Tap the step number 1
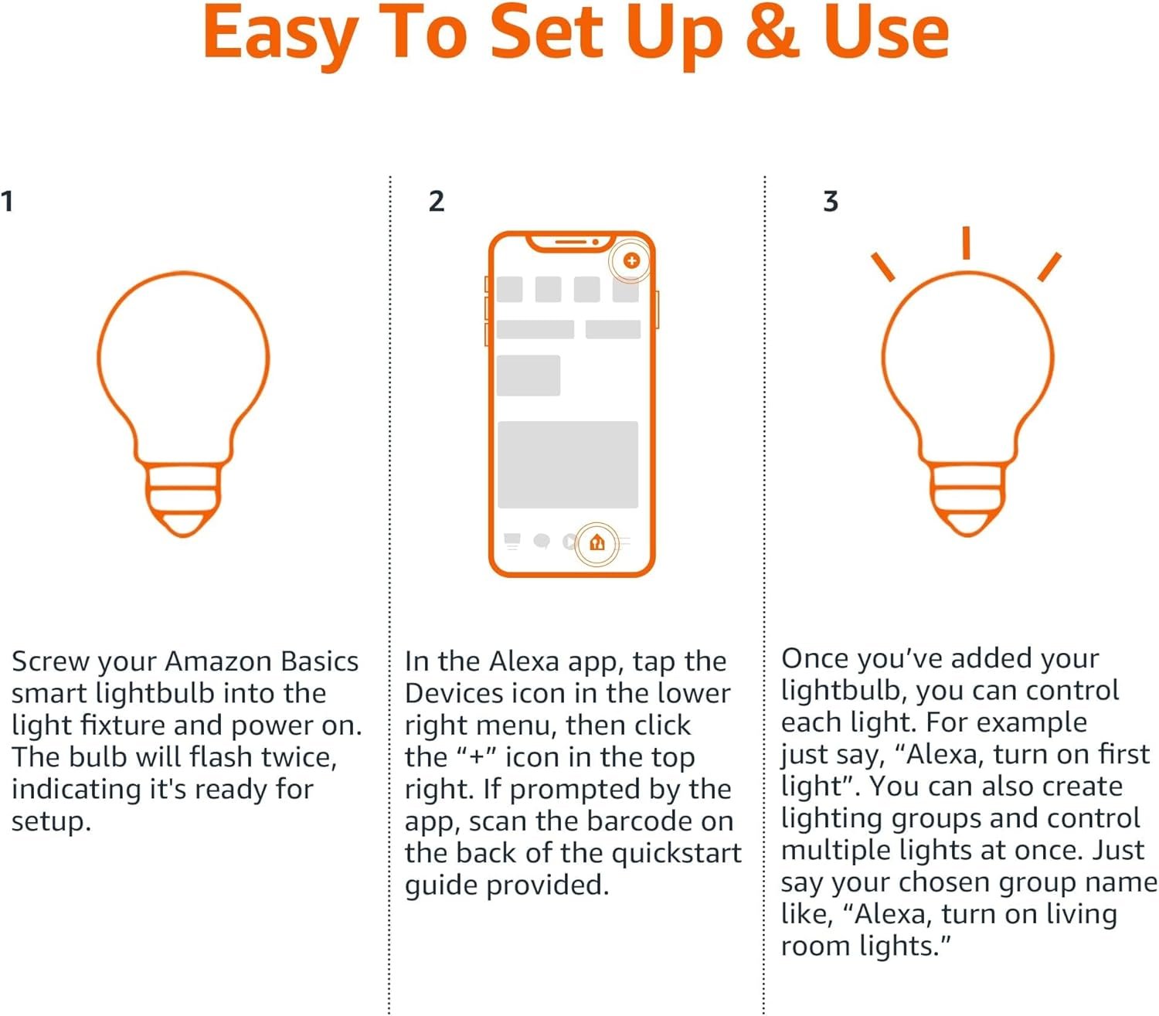pyautogui.click(x=7, y=202)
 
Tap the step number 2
pyautogui.click(x=437, y=202)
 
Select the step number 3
pyautogui.click(x=831, y=202)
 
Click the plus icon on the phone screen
pyautogui.click(x=631, y=260)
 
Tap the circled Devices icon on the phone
pyautogui.click(x=596, y=543)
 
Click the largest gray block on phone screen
pyautogui.click(x=568, y=464)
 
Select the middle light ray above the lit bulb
pyautogui.click(x=966, y=243)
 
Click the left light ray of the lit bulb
pyautogui.click(x=883, y=267)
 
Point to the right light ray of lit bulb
pyautogui.click(x=1049, y=267)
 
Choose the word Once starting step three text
pyautogui.click(x=815, y=658)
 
